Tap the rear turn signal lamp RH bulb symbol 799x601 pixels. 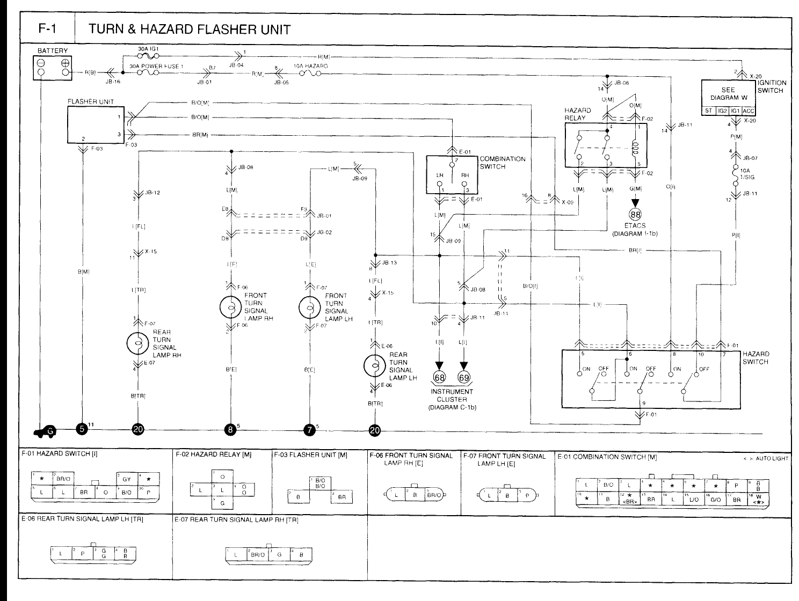pos(137,343)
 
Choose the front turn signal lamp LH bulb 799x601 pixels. pos(310,306)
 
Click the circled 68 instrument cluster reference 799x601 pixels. pos(440,377)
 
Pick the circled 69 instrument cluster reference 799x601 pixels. pos(464,377)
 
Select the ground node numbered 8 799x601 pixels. pos(231,429)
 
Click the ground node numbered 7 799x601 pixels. pos(310,429)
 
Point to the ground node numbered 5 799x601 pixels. pos(82,429)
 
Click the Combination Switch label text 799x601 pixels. pos(502,163)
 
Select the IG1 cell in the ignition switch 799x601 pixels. pos(736,111)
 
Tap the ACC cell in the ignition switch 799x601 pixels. pos(749,111)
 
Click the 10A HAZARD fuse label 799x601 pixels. pos(310,65)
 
